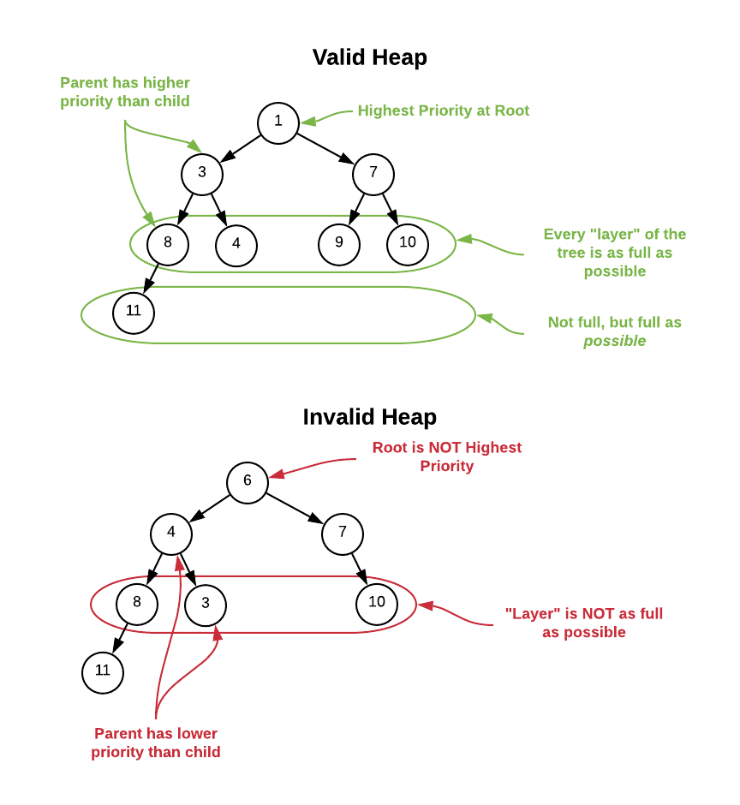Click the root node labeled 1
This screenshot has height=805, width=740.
tap(278, 122)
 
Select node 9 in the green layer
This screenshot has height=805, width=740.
tap(339, 242)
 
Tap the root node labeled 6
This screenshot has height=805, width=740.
tap(248, 481)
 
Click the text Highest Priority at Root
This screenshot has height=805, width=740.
tap(443, 110)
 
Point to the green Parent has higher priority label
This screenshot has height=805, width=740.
tap(125, 92)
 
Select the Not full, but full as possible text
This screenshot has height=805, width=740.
tap(614, 331)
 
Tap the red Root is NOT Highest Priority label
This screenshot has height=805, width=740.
tap(446, 456)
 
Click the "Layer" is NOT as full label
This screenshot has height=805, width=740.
tap(583, 623)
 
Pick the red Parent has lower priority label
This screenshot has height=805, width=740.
tap(156, 742)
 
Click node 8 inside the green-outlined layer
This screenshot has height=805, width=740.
tap(168, 242)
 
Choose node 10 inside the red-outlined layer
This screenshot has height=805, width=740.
tap(377, 602)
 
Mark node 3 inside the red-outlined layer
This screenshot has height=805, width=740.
tap(206, 603)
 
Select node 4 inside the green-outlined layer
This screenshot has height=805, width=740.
tap(236, 244)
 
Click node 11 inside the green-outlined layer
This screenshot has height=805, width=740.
tap(134, 311)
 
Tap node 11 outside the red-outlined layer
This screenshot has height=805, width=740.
tap(103, 671)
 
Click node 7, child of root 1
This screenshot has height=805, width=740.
tap(373, 173)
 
